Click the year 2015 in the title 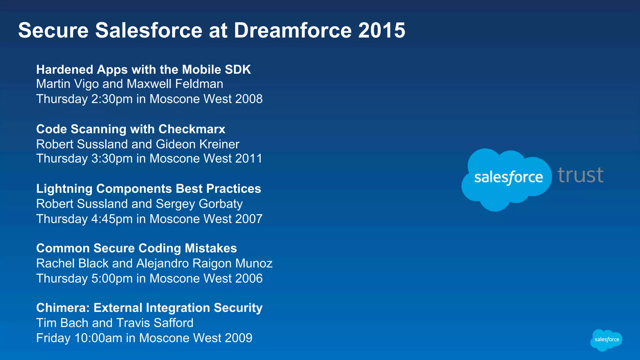pos(382,30)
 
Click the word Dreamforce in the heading pos(293,30)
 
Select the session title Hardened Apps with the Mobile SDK pos(143,70)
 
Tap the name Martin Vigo pos(67,84)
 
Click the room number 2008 pos(249,99)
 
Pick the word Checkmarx pos(192,129)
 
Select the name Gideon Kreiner pos(197,144)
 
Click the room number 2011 pos(249,159)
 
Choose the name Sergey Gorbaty pos(199,204)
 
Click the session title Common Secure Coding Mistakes pos(137,248)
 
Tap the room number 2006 pos(249,278)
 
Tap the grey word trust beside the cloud pos(580,175)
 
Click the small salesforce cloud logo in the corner pos(606,340)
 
